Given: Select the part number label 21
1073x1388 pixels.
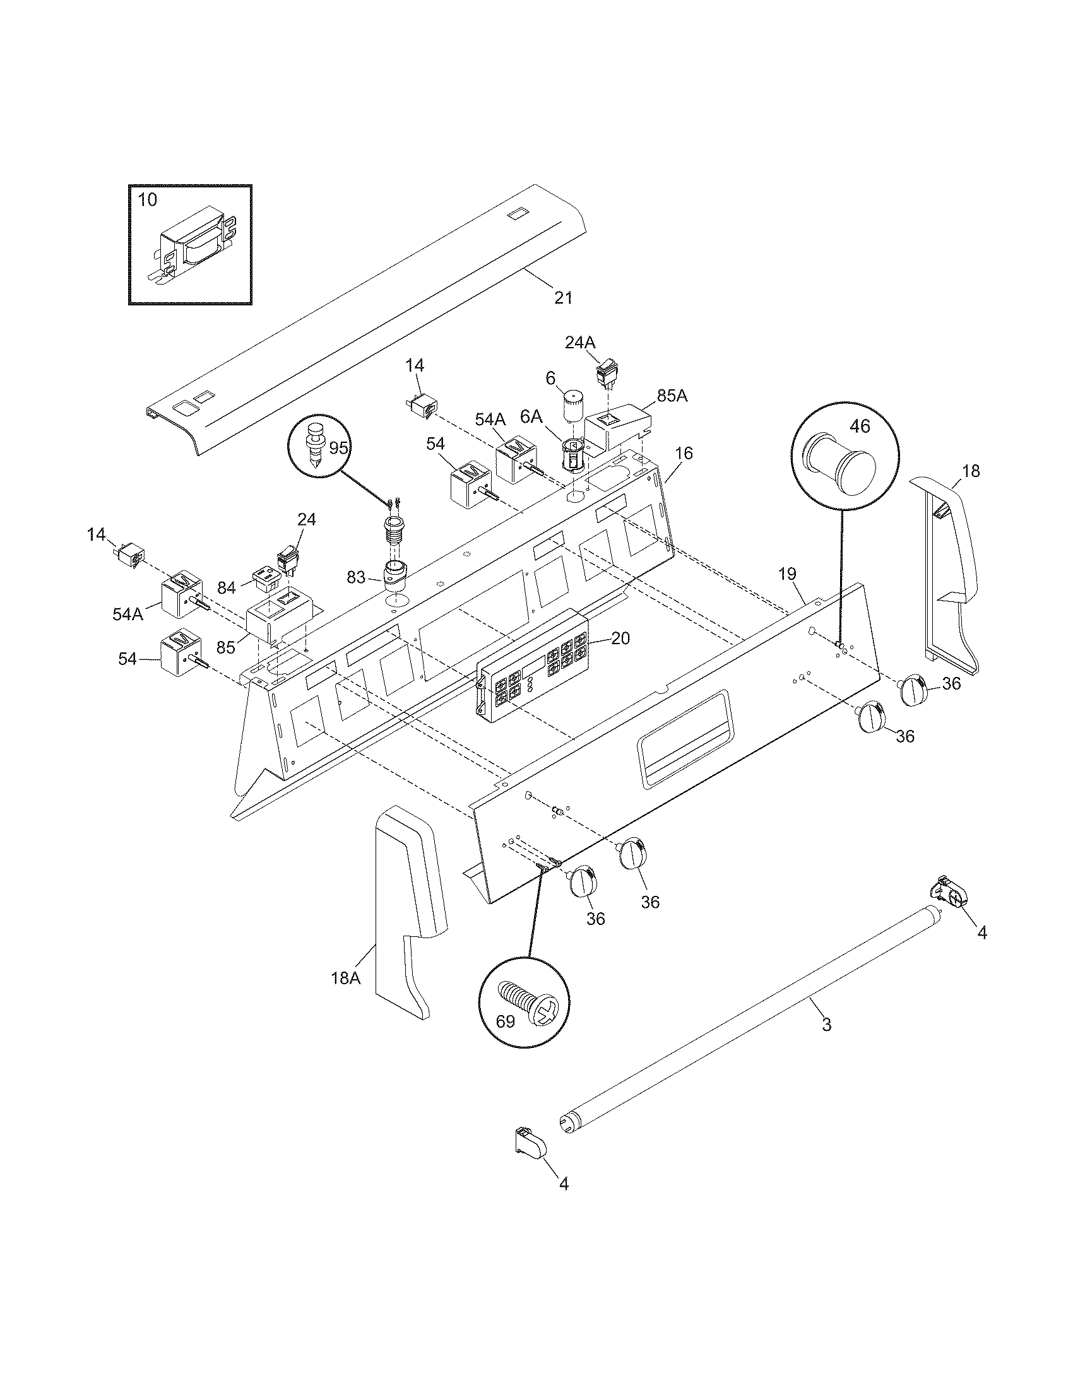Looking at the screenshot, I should [x=563, y=297].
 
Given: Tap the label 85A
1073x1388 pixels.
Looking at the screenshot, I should [x=673, y=396].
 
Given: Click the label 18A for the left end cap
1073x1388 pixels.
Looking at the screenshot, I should [x=345, y=978].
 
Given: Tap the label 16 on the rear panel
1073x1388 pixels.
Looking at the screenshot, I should [x=684, y=453].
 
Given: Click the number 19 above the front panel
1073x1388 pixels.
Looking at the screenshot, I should [x=787, y=574].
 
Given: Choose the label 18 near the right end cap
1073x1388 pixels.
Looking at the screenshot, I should [x=971, y=471].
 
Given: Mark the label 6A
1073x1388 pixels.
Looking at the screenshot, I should [x=531, y=416].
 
